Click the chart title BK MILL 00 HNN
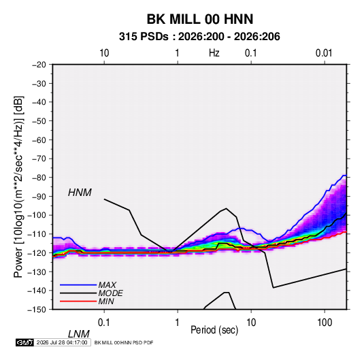(200, 19)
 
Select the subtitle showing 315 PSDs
(199, 37)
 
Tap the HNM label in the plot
(80, 193)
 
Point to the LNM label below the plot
(78, 334)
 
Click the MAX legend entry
(107, 284)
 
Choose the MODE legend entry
(110, 293)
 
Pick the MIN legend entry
(106, 301)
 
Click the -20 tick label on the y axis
(39, 65)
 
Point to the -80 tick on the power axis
(39, 178)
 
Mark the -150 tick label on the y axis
(37, 310)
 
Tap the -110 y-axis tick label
(37, 234)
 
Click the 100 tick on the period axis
(325, 323)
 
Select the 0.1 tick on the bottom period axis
(104, 323)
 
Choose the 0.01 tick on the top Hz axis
(324, 53)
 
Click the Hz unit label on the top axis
(214, 53)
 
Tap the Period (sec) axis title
(214, 330)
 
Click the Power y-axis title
(18, 187)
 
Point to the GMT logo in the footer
(25, 342)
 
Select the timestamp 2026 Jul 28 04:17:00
(62, 342)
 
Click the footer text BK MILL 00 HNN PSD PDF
(124, 342)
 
